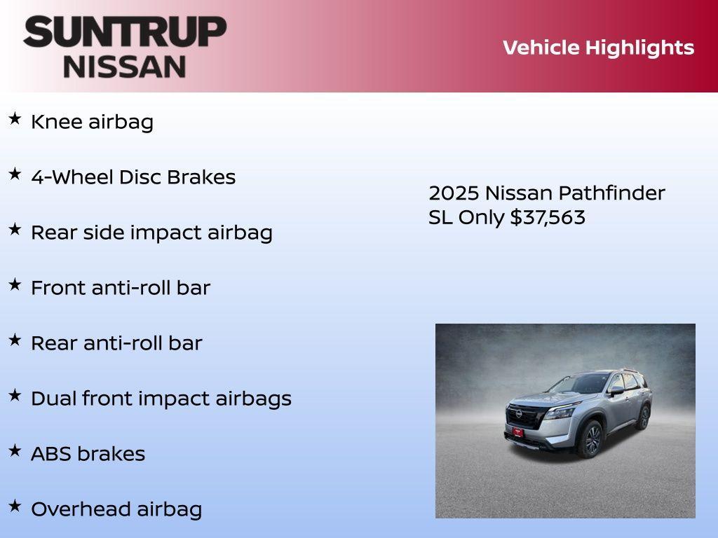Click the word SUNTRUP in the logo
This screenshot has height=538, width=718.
[125, 32]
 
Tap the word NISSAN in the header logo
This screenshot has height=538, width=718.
[125, 66]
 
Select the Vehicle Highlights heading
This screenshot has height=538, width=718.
[598, 48]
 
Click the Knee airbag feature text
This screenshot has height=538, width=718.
[92, 122]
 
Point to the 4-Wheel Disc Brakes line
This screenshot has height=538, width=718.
[133, 177]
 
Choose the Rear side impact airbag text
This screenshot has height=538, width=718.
[151, 233]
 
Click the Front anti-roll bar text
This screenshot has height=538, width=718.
[121, 288]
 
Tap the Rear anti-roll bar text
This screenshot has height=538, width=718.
[116, 343]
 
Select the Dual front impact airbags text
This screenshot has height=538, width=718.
[161, 399]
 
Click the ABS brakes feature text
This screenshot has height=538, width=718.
[88, 454]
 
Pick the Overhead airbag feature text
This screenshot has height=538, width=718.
[116, 509]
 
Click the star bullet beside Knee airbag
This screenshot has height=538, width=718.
[15, 119]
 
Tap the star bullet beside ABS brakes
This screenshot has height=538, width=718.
[15, 451]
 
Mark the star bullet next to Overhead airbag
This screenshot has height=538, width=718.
[15, 506]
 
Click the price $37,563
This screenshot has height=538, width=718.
[548, 217]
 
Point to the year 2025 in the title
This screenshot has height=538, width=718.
[454, 193]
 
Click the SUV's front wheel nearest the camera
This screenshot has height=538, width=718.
[592, 439]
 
